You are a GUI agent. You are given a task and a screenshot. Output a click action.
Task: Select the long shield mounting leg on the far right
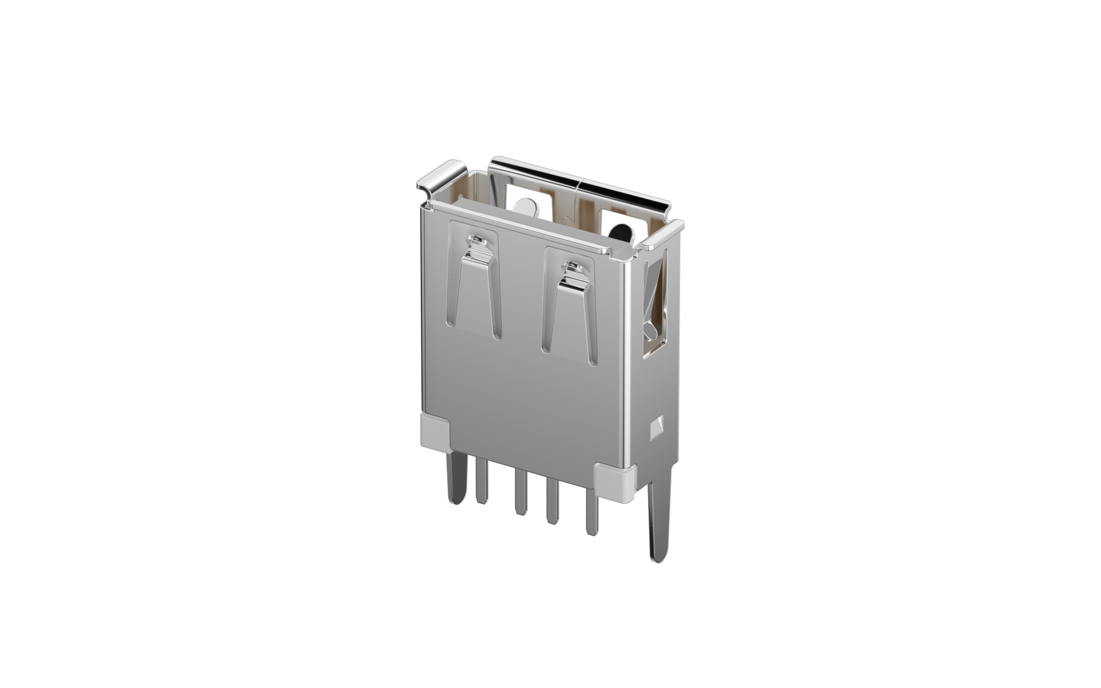pyautogui.click(x=659, y=522)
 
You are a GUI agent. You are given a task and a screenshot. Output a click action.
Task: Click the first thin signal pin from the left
pyautogui.click(x=482, y=482)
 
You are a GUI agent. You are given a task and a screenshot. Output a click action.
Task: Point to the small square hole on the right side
pyautogui.click(x=657, y=427)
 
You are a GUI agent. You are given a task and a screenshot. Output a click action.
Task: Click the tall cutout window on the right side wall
pyautogui.click(x=655, y=304)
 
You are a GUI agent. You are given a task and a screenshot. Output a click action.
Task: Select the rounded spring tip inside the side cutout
pyautogui.click(x=649, y=331)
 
